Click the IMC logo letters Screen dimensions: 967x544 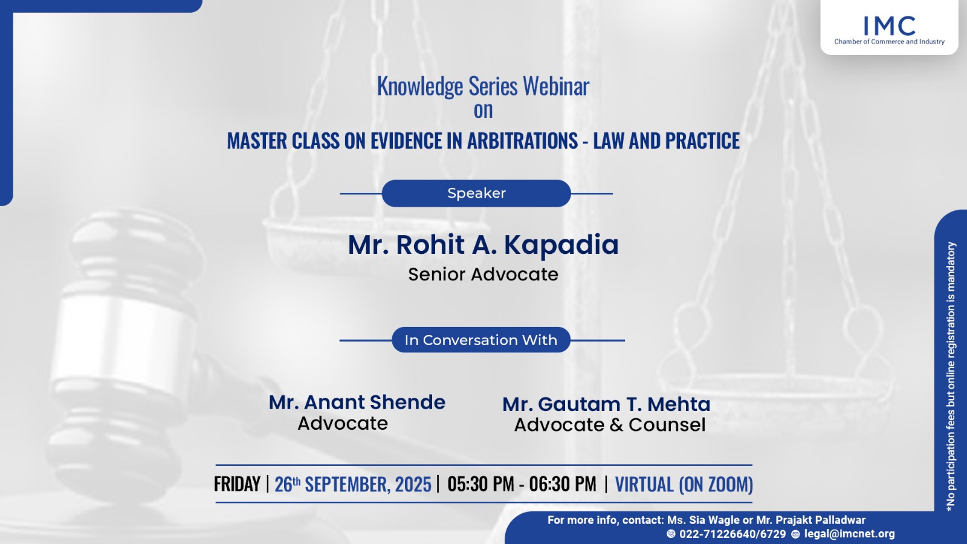click(889, 26)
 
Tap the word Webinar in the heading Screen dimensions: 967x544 click(556, 85)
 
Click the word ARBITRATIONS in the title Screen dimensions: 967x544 click(522, 141)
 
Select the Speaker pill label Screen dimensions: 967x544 click(476, 193)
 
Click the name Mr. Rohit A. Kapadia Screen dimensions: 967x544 click(483, 244)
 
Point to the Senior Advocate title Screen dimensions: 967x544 click(483, 274)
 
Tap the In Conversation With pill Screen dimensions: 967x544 click(481, 340)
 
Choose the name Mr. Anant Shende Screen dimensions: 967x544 click(357, 403)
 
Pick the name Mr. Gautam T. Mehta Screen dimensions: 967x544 click(606, 404)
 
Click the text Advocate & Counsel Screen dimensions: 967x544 click(610, 425)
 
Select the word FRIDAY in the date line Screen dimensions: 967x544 click(237, 484)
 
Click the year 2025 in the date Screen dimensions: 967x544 click(413, 484)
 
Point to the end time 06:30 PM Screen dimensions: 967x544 click(563, 484)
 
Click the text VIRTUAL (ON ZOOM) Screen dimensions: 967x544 click(684, 484)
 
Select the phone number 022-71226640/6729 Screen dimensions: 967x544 click(733, 534)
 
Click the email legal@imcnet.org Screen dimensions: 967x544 click(849, 534)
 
